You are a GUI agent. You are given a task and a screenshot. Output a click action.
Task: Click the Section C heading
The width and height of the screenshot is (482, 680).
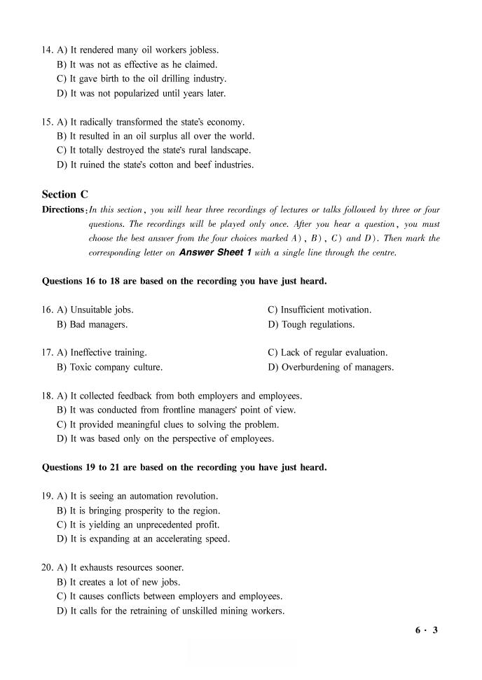click(64, 194)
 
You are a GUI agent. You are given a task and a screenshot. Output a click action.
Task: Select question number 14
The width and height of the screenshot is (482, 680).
click(48, 50)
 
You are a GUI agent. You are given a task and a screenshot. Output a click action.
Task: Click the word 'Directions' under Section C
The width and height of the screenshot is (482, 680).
click(63, 209)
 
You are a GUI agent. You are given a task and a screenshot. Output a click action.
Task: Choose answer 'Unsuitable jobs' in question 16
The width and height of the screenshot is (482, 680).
click(101, 310)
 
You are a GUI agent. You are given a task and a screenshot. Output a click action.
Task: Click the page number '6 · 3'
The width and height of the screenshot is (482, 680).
click(426, 630)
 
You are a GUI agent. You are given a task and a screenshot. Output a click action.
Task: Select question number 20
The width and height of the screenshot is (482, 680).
click(48, 567)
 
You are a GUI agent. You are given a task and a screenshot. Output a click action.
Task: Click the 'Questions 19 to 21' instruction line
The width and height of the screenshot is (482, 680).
click(184, 467)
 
